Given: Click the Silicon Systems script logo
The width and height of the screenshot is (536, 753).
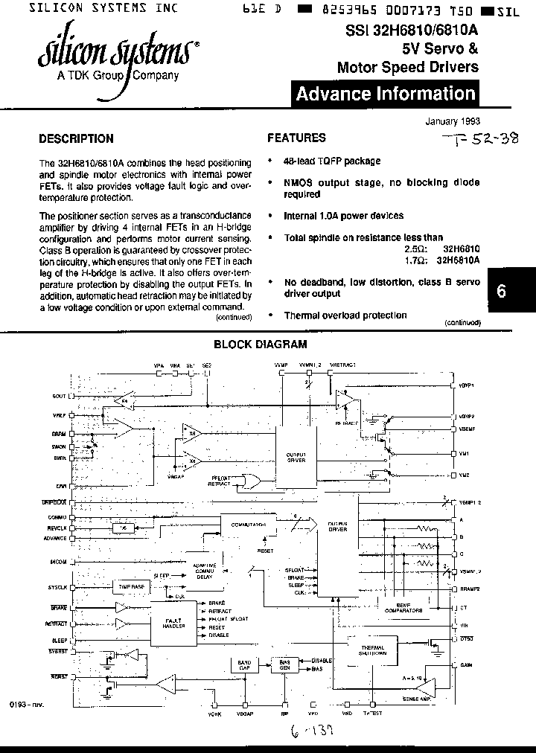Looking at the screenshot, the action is point(117,53).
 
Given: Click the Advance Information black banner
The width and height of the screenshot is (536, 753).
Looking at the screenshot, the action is point(385,94).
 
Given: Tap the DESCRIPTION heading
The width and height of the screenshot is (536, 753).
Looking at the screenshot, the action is point(76,138).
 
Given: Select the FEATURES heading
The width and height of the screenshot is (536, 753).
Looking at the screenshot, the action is point(296,138).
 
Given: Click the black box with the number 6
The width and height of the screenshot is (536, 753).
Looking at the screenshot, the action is point(501,292).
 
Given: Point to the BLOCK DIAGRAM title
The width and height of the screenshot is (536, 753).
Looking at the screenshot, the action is point(261,345).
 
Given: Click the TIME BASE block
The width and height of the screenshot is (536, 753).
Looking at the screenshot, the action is point(132,587).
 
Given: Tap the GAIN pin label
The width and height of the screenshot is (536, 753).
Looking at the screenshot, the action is point(466,664).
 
